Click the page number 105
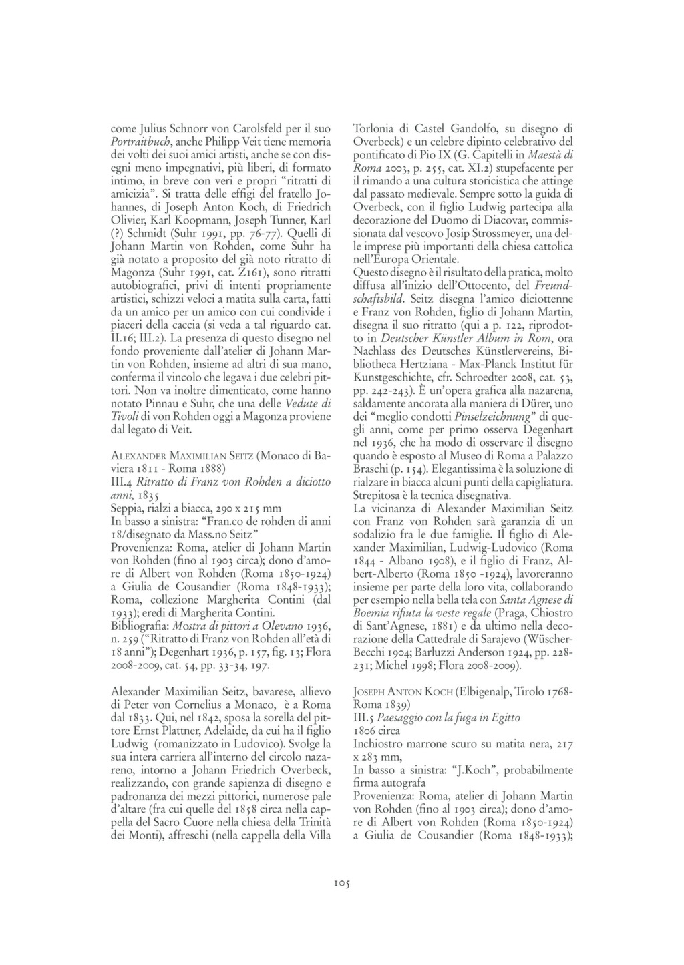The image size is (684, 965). coord(341,883)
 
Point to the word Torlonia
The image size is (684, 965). coord(376,130)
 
